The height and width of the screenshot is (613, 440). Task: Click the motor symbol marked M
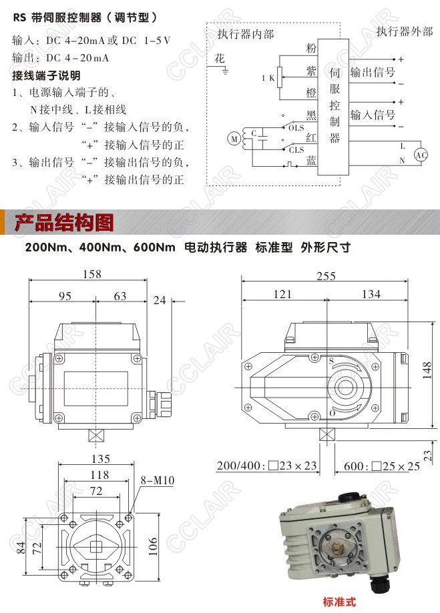pyautogui.click(x=234, y=139)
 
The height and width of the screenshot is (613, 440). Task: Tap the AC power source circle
pyautogui.click(x=421, y=155)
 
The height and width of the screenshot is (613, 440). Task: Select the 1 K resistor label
pyautogui.click(x=268, y=78)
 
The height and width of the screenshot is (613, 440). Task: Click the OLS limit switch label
pyautogui.click(x=296, y=128)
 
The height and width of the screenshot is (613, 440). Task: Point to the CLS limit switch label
pyautogui.click(x=296, y=149)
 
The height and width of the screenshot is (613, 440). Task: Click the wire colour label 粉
pyautogui.click(x=311, y=49)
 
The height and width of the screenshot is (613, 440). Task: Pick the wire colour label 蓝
pyautogui.click(x=311, y=160)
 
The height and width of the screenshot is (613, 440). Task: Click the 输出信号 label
pyautogui.click(x=373, y=72)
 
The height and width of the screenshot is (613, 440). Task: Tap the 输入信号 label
pyautogui.click(x=373, y=115)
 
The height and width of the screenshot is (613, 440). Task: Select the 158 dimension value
pyautogui.click(x=92, y=274)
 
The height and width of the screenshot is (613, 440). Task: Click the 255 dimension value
pyautogui.click(x=326, y=276)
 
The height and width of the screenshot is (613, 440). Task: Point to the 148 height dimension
pyautogui.click(x=427, y=370)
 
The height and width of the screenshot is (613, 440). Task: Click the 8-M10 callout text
pyautogui.click(x=158, y=480)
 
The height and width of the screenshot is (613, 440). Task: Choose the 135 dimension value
pyautogui.click(x=101, y=458)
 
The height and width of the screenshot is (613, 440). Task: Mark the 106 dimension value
pyautogui.click(x=153, y=546)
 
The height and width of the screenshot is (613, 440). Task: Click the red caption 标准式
pyautogui.click(x=339, y=602)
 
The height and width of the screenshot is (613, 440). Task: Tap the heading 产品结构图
pyautogui.click(x=64, y=222)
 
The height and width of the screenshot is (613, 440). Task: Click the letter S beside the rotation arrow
pyautogui.click(x=331, y=360)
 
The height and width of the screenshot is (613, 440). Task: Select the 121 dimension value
pyautogui.click(x=282, y=294)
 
